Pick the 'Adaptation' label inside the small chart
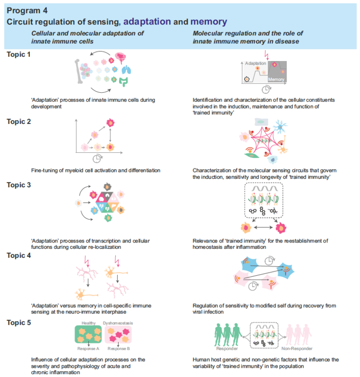[255, 63]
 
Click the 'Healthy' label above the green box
[90, 323]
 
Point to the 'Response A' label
[90, 348]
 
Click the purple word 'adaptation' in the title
[147, 22]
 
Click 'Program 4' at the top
[26, 11]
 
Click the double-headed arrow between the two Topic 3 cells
[263, 226]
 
